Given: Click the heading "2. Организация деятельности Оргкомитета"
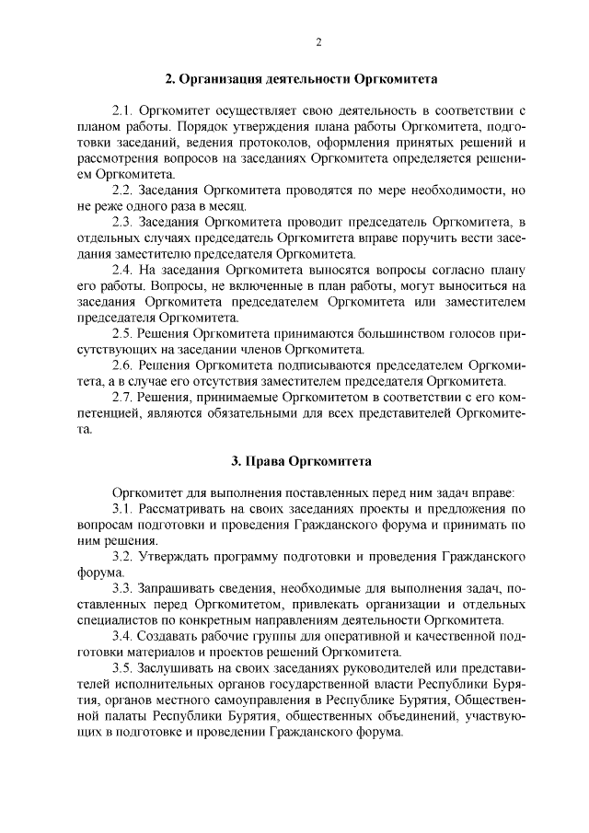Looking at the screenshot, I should coord(294,80).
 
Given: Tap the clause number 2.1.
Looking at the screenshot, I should coord(123,112).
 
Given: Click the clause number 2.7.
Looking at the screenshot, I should coord(123,397).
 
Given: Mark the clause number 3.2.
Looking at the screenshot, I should coord(123,557).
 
